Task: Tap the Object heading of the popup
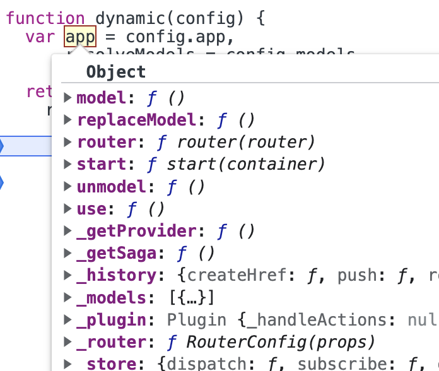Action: coord(115,72)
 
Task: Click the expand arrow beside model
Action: coord(68,98)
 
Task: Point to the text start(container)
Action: coord(246,165)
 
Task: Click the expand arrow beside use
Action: coord(68,209)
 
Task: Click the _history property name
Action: coord(115,276)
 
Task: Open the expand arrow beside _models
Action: coord(68,298)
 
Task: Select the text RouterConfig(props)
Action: coord(280,343)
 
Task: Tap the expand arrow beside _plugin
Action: coord(68,320)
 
